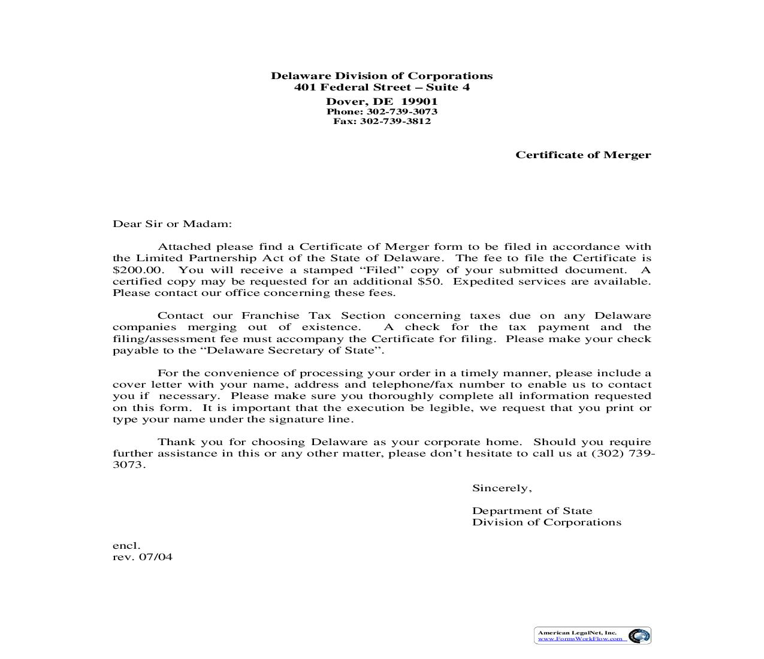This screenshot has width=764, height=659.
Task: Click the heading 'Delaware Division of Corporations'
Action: coord(382,75)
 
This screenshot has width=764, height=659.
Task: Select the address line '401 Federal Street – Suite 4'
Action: coord(382,87)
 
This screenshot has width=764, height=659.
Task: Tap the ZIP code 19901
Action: coord(419,101)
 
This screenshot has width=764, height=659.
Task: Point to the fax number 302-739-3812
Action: coord(395,121)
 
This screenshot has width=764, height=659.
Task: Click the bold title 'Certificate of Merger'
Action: coord(583,155)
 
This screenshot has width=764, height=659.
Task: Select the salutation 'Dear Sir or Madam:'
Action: coord(172,224)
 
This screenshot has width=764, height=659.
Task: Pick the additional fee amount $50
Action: coord(430,282)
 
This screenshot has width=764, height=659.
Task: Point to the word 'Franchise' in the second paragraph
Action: coord(270,316)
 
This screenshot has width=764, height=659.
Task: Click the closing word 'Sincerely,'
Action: coord(502,488)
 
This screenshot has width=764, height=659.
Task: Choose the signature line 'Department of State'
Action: coord(532,511)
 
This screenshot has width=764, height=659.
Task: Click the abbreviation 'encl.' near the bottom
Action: coord(126,546)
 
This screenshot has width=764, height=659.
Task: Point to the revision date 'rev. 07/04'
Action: coord(143,557)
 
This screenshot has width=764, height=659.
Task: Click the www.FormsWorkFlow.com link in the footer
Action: coord(579,639)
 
